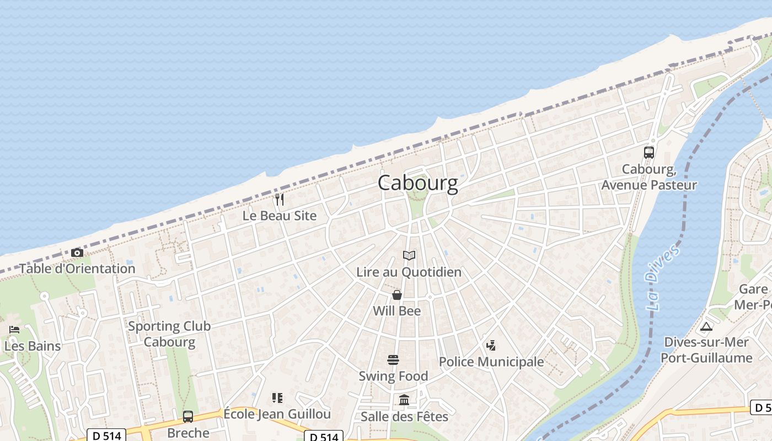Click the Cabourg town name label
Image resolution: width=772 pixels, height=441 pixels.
[417, 183]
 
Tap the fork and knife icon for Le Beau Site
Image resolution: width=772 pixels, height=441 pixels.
[280, 200]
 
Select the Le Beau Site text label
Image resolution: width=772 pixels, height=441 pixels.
[280, 216]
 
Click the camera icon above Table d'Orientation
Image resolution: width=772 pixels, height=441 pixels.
[77, 253]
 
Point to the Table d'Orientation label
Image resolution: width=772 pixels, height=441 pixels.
[77, 268]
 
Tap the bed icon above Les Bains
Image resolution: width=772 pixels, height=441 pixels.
[14, 330]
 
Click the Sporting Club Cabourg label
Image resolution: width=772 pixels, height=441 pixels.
[169, 334]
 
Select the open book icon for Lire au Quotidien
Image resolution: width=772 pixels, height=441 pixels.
[409, 256]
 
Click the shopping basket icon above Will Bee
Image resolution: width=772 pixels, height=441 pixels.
[396, 295]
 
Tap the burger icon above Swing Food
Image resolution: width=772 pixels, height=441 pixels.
[393, 360]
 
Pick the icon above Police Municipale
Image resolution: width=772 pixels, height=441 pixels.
[491, 346]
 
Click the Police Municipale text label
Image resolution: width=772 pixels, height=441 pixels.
[491, 362]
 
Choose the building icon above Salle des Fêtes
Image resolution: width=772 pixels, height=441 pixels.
[404, 400]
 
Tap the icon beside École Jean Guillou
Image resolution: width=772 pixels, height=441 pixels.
[277, 398]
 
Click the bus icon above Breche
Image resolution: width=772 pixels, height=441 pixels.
[188, 417]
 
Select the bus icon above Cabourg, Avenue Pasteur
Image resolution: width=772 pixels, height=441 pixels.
[649, 153]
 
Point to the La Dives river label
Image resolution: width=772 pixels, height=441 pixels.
[661, 278]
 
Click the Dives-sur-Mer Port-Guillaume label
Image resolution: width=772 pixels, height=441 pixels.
[706, 349]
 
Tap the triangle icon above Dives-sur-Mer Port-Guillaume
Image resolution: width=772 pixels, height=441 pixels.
[706, 326]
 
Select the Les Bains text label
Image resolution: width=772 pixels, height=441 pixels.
[32, 346]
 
